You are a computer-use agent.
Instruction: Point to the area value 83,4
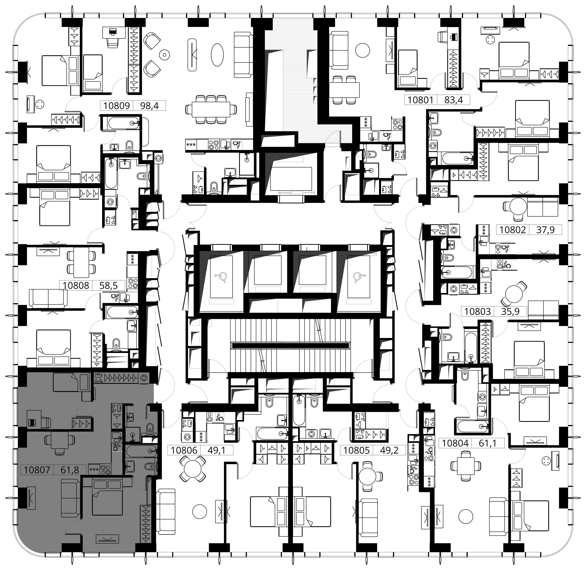(454, 100)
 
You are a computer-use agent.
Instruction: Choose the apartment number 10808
(76, 285)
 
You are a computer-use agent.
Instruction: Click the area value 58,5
(108, 285)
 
